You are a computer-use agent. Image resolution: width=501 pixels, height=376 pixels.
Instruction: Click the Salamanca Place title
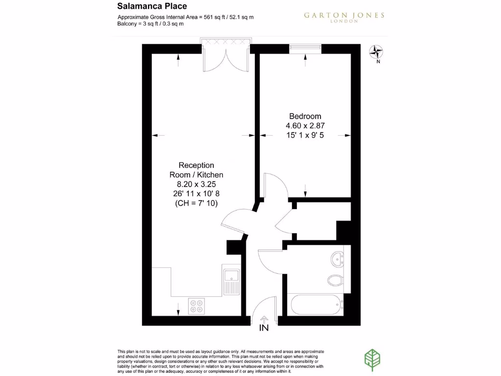[x=152, y=6]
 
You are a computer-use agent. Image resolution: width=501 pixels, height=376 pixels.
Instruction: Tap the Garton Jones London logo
[x=344, y=17]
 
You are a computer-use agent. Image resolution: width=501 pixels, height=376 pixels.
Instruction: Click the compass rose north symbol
[x=377, y=51]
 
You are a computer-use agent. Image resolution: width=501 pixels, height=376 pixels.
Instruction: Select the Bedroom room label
[x=305, y=116]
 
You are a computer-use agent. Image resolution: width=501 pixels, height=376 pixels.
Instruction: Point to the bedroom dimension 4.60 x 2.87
[x=305, y=125]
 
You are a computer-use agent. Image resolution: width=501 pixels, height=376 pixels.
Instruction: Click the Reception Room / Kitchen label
[x=196, y=170]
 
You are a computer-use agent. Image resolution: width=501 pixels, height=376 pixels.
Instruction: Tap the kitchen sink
[x=231, y=280]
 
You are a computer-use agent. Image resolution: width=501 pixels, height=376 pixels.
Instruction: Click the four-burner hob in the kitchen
[x=196, y=306]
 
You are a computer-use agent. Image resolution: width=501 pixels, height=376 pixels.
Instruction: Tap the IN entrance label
[x=264, y=328]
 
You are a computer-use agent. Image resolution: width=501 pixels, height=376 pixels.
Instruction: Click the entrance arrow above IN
[x=264, y=319]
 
